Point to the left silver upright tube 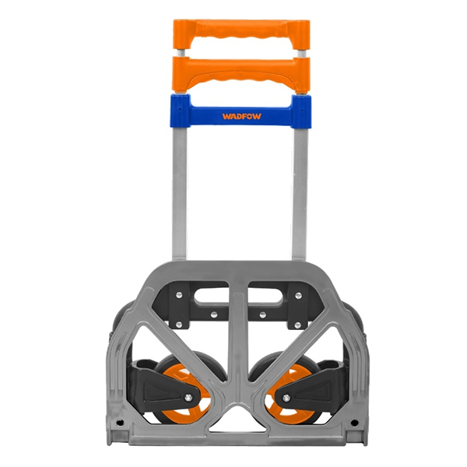click(180, 195)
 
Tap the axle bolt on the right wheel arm click(286, 398)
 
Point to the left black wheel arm click(160, 381)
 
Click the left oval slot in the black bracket click(210, 296)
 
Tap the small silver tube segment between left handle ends click(181, 54)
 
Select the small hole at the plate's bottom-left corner click(121, 423)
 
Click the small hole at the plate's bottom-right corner click(356, 423)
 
